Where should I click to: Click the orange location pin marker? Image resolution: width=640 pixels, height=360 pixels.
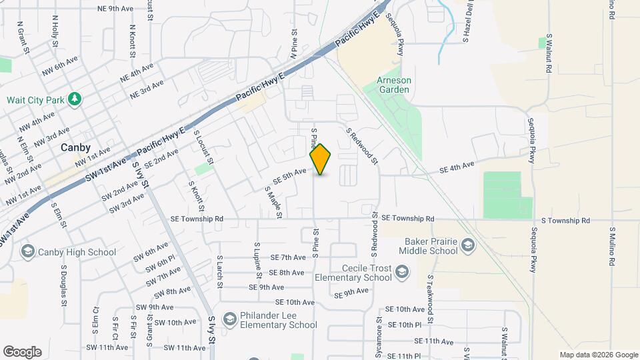(321, 159)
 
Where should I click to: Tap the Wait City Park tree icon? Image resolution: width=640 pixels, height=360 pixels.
(75, 100)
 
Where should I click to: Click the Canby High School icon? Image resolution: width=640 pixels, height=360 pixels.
(28, 251)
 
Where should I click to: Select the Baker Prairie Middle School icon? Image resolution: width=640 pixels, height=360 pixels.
(468, 246)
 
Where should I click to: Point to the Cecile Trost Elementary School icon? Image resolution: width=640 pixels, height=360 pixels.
(402, 272)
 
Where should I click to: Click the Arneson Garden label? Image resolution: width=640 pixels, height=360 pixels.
(395, 86)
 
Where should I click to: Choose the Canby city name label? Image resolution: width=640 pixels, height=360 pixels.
(75, 148)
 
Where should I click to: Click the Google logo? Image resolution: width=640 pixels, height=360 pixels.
(22, 352)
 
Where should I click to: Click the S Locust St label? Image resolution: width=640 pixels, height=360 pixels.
(203, 147)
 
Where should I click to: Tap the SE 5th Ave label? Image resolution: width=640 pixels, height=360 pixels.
(289, 176)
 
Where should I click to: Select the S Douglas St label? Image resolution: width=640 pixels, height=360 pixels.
(64, 285)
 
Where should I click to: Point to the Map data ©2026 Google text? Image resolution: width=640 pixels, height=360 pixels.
(599, 355)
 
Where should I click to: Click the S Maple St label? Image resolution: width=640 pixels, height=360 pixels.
(273, 202)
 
